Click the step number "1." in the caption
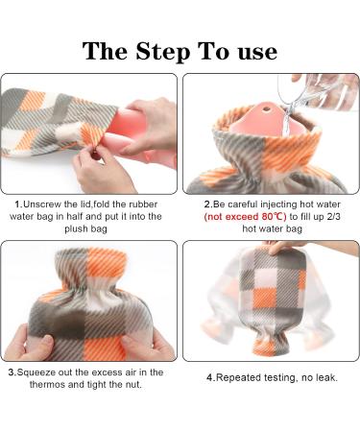pos(17,204)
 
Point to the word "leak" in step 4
pos(325,377)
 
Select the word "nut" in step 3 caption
pos(139,384)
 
